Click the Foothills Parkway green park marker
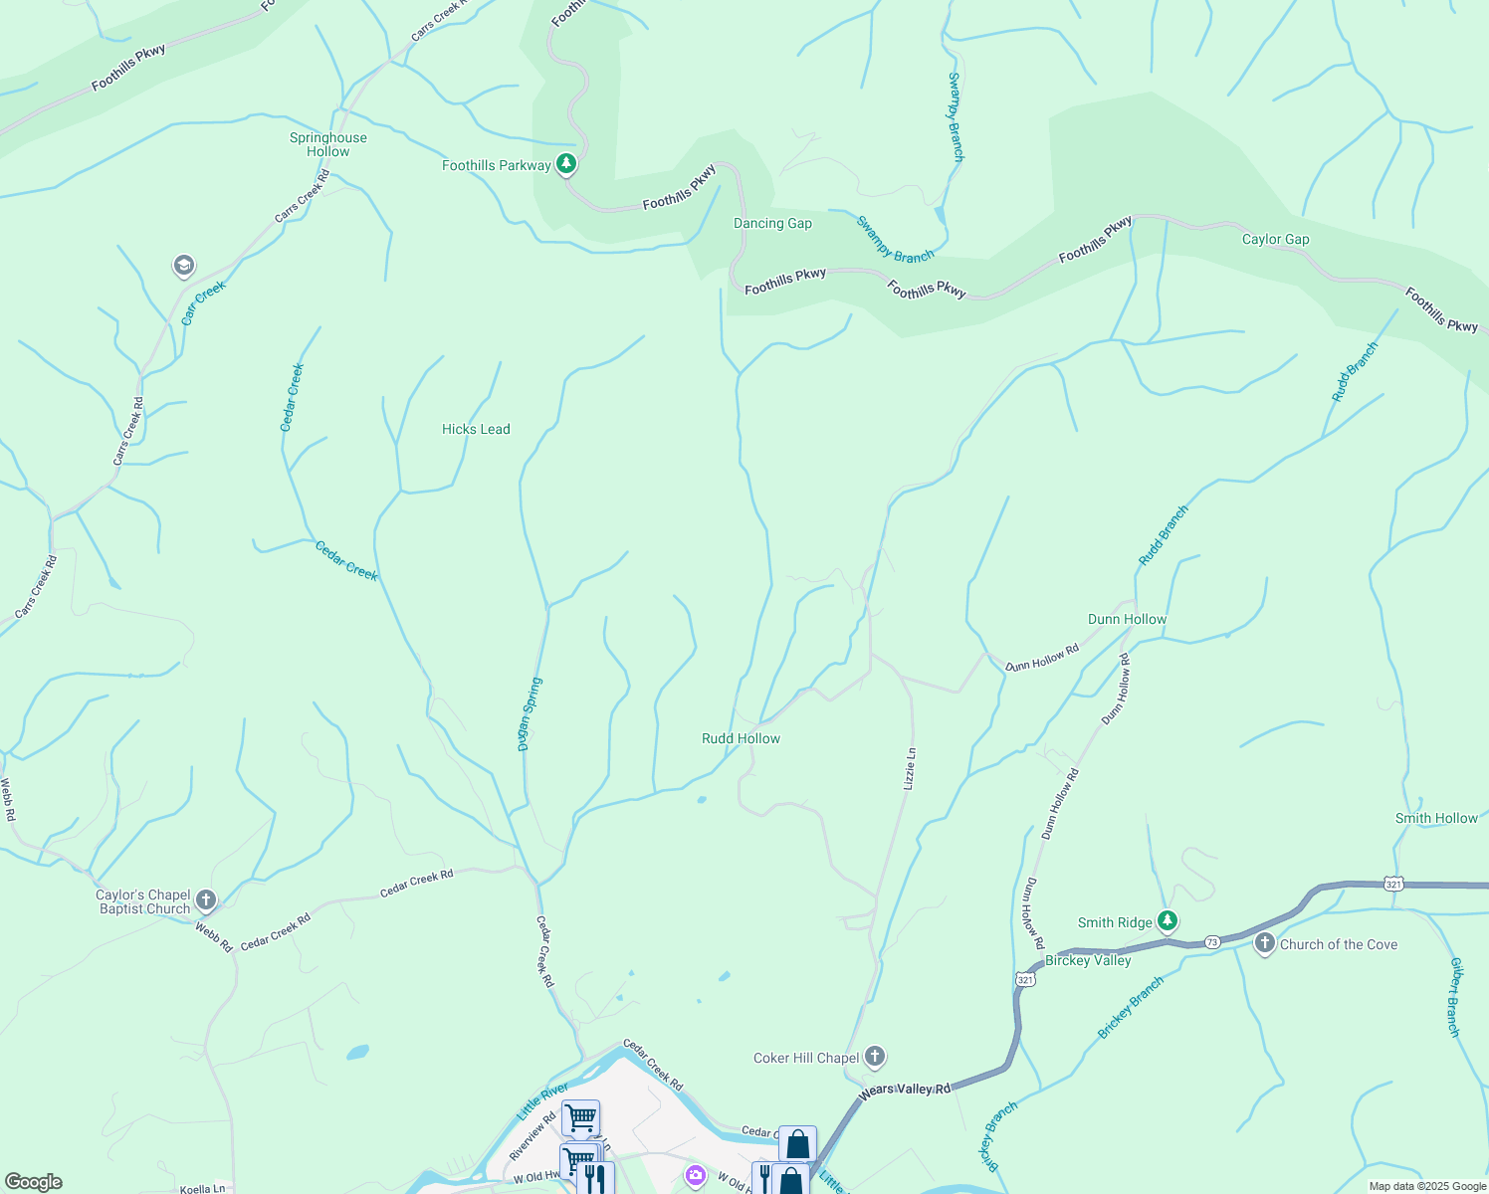[566, 163]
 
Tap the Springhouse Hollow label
[328, 145]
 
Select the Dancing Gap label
[772, 223]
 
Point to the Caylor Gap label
[1275, 239]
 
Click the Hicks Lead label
[476, 429]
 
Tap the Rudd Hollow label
[741, 738]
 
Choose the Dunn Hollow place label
[1127, 619]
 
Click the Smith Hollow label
[1436, 818]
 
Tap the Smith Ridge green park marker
[1168, 921]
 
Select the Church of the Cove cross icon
[1264, 943]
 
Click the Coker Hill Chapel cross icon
[875, 1057]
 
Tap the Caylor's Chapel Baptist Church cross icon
[206, 901]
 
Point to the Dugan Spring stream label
[530, 714]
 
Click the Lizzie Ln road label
[909, 769]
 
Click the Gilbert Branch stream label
[1455, 998]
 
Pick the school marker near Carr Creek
[183, 266]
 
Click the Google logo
[33, 1182]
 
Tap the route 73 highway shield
[1211, 941]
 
